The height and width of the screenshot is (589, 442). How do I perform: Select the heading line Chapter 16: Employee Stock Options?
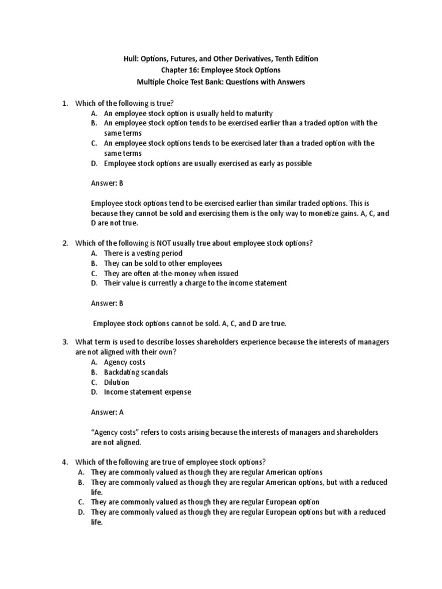220,70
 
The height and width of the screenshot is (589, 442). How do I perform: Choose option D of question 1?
93,163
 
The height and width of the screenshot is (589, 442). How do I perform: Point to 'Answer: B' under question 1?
107,183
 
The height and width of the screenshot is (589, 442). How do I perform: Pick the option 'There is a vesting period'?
143,253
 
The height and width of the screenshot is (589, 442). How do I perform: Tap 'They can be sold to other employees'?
163,263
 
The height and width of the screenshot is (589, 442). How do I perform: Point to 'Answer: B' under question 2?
107,303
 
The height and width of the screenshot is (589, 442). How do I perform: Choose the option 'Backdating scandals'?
136,372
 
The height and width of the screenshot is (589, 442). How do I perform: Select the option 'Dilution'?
116,382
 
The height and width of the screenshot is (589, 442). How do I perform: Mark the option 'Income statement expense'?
147,392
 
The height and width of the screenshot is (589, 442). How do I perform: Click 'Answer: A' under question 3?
107,412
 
